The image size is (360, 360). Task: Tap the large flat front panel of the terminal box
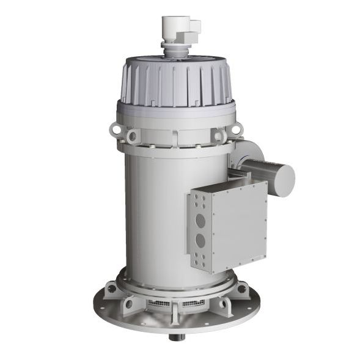click(240, 223)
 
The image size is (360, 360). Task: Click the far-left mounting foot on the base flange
click(109, 287)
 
